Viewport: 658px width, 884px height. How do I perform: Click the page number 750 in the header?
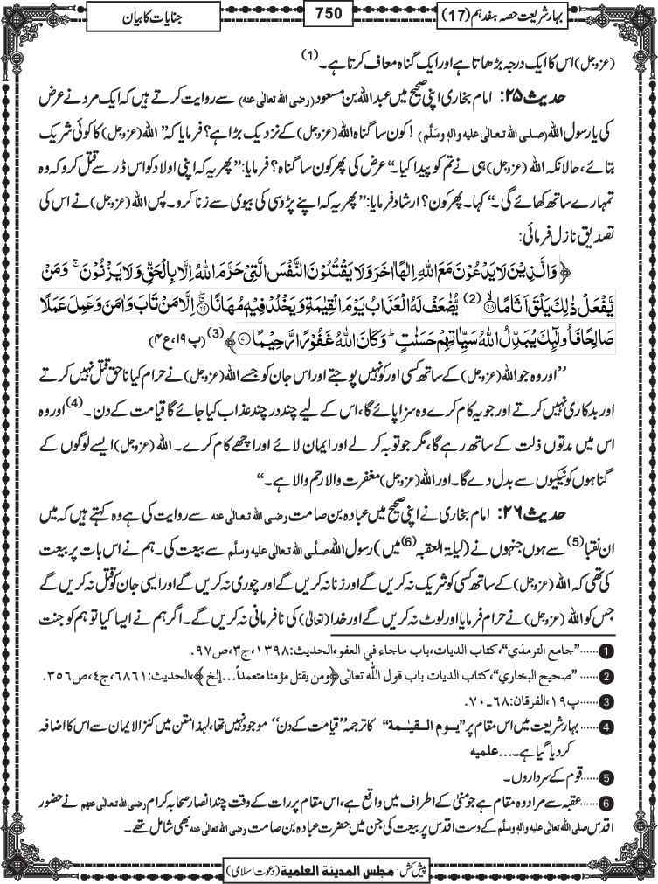pyautogui.click(x=329, y=14)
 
